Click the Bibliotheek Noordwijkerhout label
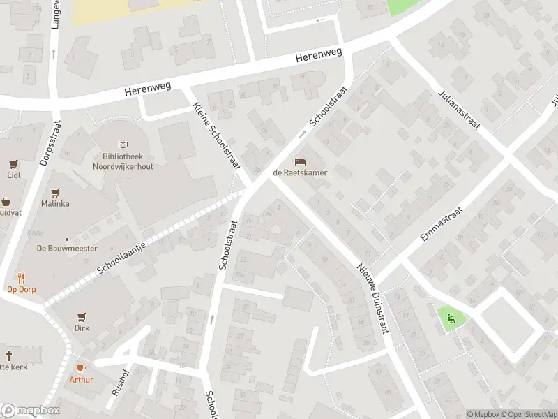(x=123, y=162)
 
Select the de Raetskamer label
(x=300, y=172)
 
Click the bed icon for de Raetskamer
(x=300, y=160)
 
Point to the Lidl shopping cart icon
(x=13, y=164)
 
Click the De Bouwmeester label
(x=67, y=248)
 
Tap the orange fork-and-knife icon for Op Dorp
(x=21, y=277)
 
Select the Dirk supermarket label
(x=82, y=328)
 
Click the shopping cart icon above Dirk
(x=82, y=316)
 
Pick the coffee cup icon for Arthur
(x=81, y=368)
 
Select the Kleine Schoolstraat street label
(x=216, y=135)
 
